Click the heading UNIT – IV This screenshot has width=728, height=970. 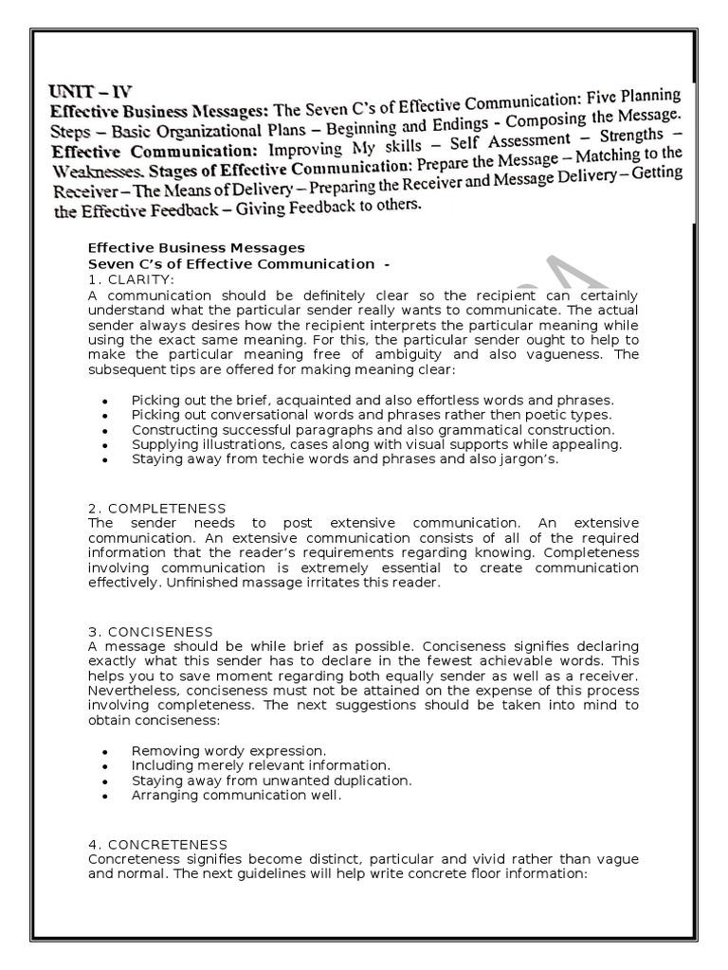click(90, 92)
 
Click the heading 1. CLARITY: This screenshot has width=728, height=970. click(132, 279)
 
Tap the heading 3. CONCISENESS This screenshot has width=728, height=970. click(151, 631)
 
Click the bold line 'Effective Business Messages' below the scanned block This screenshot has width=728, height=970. click(196, 249)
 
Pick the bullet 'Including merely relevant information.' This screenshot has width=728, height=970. click(261, 765)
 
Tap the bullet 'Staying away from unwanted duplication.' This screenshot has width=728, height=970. click(272, 781)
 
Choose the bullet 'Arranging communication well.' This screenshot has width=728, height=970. click(236, 796)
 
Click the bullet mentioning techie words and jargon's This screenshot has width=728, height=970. click(346, 459)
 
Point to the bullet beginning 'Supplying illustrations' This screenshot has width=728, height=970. click(376, 444)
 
